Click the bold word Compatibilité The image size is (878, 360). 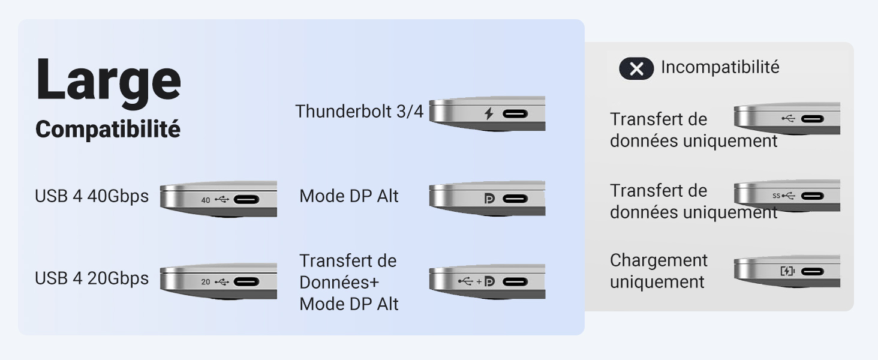pos(108,130)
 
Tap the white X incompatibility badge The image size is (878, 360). pos(636,68)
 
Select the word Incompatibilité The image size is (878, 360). pos(720,67)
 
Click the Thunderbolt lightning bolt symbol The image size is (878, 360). pos(488,114)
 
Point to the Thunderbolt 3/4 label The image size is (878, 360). pos(359,112)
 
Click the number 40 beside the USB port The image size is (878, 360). pos(206,200)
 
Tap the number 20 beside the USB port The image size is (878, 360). pos(206,281)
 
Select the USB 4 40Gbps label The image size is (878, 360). pos(92,196)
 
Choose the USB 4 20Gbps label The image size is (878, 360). pos(92,278)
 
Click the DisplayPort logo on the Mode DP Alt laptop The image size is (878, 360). pos(489,199)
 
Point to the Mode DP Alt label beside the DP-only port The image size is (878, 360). pos(349,196)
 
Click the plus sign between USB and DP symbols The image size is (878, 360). pos(479,281)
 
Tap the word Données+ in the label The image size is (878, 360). pos(339,283)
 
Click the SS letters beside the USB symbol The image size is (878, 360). pos(777,196)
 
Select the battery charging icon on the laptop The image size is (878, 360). pos(787,271)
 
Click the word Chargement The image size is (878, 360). pos(659,260)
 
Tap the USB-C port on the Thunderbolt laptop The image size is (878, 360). pos(515,114)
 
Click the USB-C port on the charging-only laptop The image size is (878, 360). pos(812,271)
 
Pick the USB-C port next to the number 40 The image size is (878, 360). pos(246,200)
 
